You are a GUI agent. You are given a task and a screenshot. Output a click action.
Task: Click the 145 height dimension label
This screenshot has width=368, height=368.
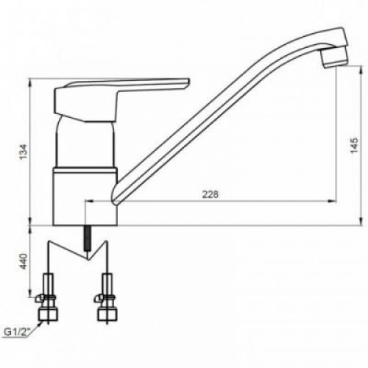(x=354, y=146)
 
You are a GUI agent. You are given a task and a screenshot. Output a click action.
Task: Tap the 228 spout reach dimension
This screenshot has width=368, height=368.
(x=210, y=194)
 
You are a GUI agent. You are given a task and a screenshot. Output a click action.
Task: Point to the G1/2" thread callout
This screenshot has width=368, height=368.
(x=17, y=333)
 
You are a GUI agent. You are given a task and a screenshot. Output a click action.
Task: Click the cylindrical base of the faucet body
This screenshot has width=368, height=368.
(x=85, y=197)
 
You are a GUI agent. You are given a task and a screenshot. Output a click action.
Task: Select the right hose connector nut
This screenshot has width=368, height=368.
(x=107, y=315)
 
